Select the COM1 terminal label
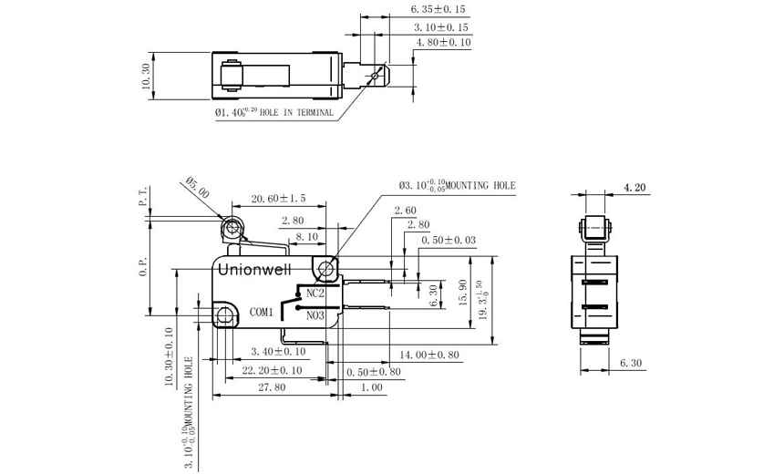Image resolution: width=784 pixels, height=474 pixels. tap(263, 313)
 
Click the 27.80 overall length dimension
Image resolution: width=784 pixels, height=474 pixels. tap(272, 387)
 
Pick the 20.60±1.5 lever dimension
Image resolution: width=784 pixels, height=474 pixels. tap(279, 198)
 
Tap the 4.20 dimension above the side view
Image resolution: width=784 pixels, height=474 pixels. tap(634, 188)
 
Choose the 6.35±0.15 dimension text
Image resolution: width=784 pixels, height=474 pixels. tap(440, 9)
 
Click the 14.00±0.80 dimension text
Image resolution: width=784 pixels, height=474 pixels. tap(428, 354)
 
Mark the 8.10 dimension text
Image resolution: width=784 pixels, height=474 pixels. tap(305, 235)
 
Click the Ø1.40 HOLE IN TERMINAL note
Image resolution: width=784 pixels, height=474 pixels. tap(273, 114)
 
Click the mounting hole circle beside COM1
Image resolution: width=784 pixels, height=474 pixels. tap(224, 314)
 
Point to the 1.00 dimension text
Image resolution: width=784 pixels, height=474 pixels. tap(371, 387)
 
